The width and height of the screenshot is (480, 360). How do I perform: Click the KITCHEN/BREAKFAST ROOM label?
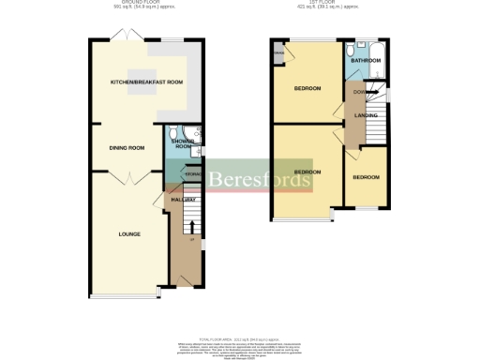point(146,82)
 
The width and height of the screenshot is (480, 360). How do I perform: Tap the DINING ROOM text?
point(127,147)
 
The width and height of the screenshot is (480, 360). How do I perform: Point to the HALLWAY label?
point(183,200)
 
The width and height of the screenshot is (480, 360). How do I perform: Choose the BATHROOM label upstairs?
point(366,61)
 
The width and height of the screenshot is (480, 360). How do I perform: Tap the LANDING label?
point(366,115)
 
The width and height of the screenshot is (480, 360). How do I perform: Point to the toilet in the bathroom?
point(349,51)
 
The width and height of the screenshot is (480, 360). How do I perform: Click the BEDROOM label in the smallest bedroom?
point(366,177)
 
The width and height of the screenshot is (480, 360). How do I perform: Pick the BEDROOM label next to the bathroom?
point(307,89)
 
